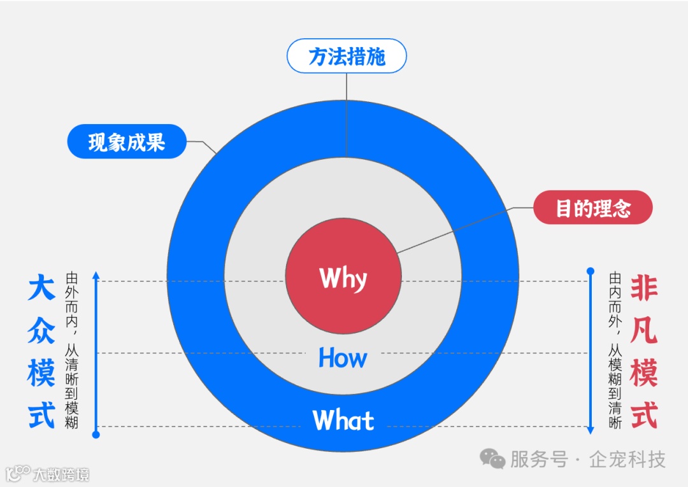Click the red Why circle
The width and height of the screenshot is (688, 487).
click(343, 278)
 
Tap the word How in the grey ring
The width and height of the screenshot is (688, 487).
click(343, 358)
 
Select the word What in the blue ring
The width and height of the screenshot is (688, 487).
click(343, 421)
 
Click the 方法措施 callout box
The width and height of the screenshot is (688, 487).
click(347, 57)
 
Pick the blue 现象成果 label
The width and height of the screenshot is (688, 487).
click(127, 141)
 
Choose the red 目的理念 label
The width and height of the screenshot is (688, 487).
click(592, 208)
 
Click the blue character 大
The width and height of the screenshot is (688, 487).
click(41, 288)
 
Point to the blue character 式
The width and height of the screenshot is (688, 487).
click(41, 414)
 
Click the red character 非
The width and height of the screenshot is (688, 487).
click(643, 288)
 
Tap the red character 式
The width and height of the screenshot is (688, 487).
click(643, 414)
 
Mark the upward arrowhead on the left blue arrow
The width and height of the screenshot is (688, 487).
click(96, 276)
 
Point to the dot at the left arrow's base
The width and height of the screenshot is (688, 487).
click(96, 435)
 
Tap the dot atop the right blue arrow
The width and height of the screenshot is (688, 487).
click(591, 271)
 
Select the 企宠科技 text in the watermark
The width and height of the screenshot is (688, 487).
click(627, 459)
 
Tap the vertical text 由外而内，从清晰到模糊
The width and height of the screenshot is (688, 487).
click(71, 350)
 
